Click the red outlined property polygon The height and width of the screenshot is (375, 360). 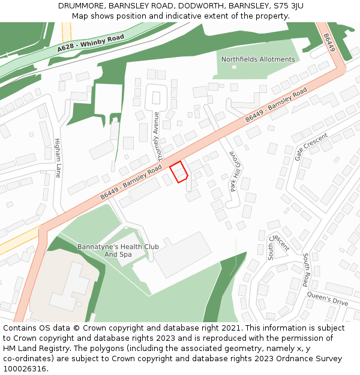pyautogui.click(x=178, y=172)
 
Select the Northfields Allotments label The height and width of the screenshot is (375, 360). pyautogui.click(x=258, y=59)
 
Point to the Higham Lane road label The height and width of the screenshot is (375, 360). pyautogui.click(x=58, y=158)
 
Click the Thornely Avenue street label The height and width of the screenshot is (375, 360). pyautogui.click(x=158, y=136)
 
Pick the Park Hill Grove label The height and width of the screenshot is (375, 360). pyautogui.click(x=235, y=170)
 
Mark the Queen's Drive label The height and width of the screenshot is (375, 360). pyautogui.click(x=327, y=298)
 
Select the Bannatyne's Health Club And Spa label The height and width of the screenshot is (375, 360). pyautogui.click(x=118, y=251)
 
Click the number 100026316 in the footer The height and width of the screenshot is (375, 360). pyautogui.click(x=25, y=368)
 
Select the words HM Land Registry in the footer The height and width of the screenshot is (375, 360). pyautogui.click(x=32, y=348)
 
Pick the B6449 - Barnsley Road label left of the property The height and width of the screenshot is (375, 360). pyautogui.click(x=131, y=183)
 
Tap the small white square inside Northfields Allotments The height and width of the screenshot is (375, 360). pyautogui.click(x=234, y=67)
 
